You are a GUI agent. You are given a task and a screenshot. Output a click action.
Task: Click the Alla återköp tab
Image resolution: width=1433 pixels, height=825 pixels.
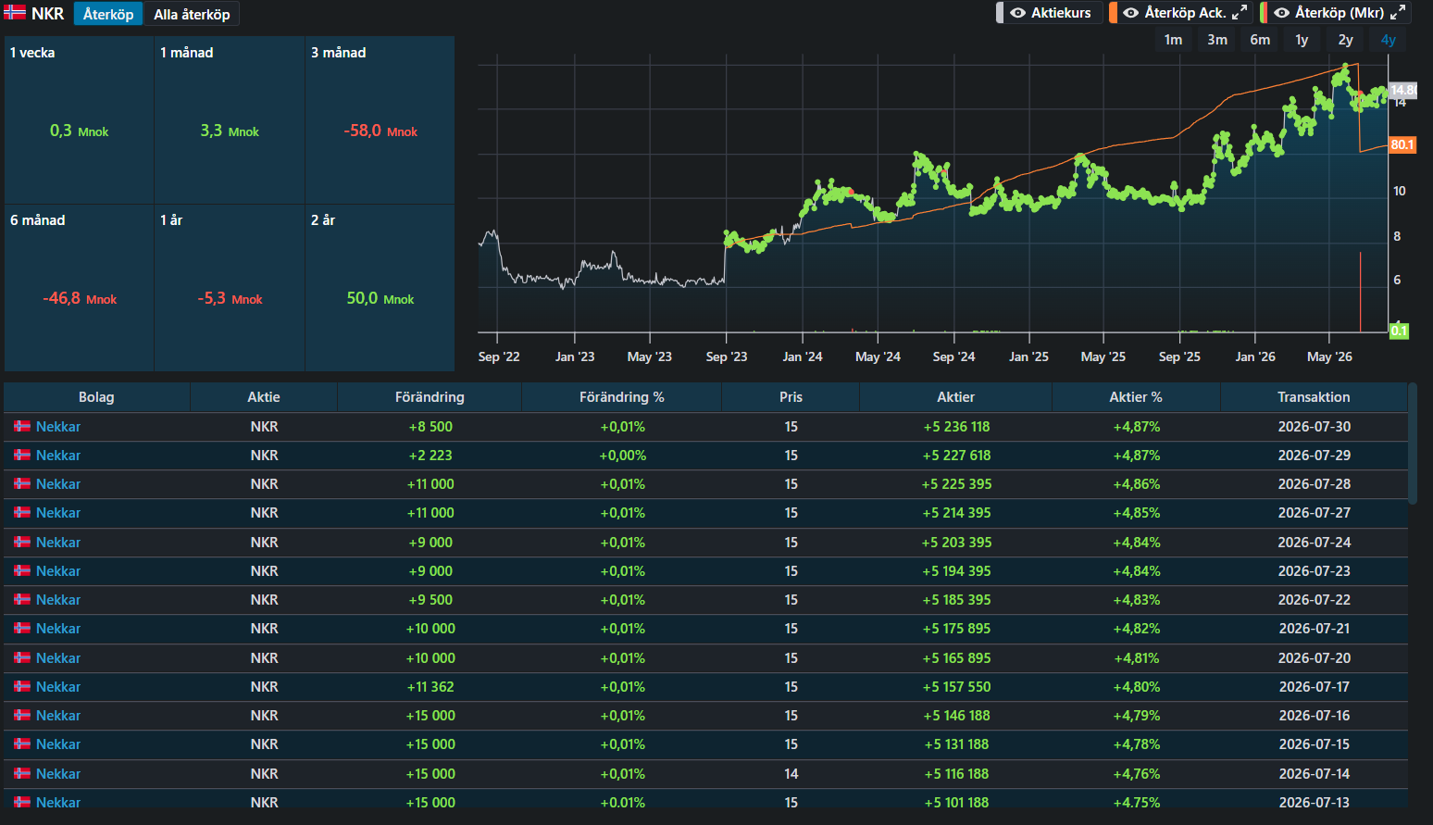click(x=192, y=14)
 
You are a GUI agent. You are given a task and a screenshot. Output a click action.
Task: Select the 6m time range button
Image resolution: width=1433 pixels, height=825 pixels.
click(x=1260, y=40)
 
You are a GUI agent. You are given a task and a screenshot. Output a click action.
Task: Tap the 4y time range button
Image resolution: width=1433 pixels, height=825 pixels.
click(x=1388, y=40)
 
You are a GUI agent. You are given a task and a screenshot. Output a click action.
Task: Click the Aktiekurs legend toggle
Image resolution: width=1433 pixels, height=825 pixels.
click(x=1050, y=13)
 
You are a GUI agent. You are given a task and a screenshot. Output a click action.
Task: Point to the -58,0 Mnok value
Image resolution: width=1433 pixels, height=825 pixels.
click(x=380, y=131)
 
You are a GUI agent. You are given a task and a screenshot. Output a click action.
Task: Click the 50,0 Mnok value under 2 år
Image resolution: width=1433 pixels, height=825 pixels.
click(x=380, y=298)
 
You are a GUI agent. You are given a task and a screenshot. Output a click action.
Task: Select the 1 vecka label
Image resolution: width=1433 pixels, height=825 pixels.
click(x=32, y=53)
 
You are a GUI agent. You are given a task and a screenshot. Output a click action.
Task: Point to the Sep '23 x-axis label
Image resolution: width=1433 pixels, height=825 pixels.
click(x=726, y=356)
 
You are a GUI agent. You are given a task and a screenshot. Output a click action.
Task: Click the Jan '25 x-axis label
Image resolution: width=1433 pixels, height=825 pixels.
click(x=1028, y=356)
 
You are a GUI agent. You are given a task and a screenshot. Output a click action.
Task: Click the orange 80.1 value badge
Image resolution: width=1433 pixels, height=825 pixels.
click(x=1402, y=144)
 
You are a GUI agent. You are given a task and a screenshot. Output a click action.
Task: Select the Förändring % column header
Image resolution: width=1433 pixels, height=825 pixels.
click(x=622, y=397)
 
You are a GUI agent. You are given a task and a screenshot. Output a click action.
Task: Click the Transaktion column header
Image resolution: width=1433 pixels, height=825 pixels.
click(x=1314, y=397)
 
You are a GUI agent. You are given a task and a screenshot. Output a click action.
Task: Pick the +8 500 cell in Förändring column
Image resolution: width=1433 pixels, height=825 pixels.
click(x=430, y=426)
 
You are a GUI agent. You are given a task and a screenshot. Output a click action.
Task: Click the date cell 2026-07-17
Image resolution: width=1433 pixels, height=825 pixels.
click(x=1314, y=687)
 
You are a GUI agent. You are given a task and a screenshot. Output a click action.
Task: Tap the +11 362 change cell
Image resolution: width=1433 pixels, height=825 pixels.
click(x=430, y=687)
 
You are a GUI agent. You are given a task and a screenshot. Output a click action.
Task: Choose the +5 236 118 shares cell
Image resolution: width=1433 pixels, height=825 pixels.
click(x=956, y=426)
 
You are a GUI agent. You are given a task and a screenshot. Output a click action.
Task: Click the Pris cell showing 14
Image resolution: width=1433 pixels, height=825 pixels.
click(x=791, y=774)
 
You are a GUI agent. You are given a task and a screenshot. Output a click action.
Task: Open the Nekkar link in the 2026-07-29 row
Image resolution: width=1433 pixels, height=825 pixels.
click(x=58, y=455)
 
